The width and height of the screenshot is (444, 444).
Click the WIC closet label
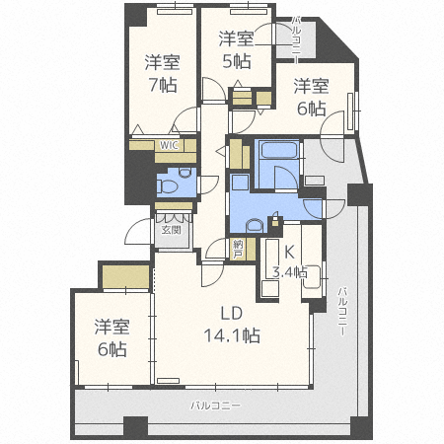(169, 145)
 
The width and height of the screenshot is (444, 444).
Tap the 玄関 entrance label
(172, 230)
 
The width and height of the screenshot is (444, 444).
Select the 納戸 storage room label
(237, 250)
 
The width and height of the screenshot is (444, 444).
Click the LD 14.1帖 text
(232, 325)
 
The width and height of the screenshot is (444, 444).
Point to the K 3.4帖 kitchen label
(289, 262)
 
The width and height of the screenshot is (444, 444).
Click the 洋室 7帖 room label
(163, 74)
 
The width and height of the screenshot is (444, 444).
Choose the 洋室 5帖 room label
(237, 49)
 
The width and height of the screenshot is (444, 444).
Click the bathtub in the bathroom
(278, 150)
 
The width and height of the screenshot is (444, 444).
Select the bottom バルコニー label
(215, 406)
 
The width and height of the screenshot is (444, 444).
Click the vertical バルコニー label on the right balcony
(342, 312)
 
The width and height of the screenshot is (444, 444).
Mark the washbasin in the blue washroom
(255, 226)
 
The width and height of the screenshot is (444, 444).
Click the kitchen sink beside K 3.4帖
(311, 277)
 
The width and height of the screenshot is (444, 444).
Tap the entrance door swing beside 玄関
(139, 231)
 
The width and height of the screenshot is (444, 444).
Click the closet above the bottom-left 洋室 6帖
(126, 277)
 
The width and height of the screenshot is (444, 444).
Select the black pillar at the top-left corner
(136, 16)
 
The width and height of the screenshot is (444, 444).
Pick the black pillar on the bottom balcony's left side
(135, 427)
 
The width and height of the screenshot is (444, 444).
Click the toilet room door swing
(208, 185)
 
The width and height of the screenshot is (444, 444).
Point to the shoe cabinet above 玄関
(174, 206)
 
